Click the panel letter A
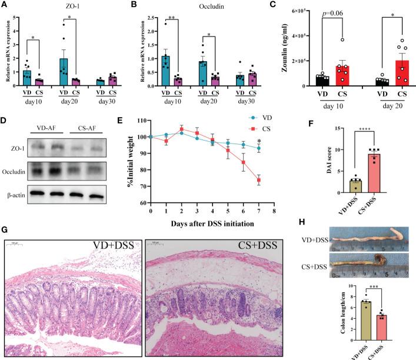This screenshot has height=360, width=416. [5, 5]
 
